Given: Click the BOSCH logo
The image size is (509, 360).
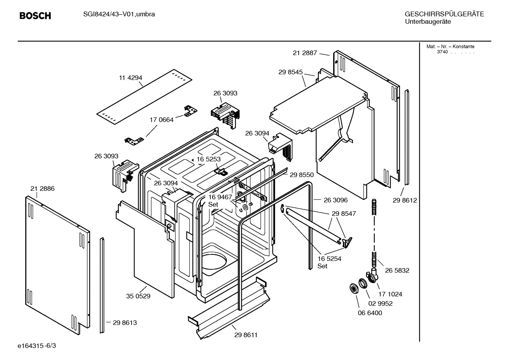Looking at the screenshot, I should pyautogui.click(x=35, y=16).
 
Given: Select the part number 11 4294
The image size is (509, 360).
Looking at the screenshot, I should pyautogui.click(x=130, y=78).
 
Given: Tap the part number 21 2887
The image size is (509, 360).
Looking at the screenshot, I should pyautogui.click(x=305, y=53).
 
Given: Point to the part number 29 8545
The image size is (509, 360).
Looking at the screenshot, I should pyautogui.click(x=290, y=72).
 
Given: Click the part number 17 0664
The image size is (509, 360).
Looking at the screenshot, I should pyautogui.click(x=162, y=120).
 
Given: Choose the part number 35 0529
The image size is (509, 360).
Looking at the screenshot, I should pyautogui.click(x=138, y=296).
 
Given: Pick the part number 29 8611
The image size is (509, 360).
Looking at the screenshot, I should pyautogui.click(x=246, y=335).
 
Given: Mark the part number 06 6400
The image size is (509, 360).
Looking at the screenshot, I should pyautogui.click(x=370, y=313).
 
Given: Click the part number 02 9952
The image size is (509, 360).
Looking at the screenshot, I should pyautogui.click(x=381, y=303).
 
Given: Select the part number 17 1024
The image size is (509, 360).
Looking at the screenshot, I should pyautogui.click(x=390, y=294).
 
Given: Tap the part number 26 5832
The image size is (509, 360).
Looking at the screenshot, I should pyautogui.click(x=397, y=270).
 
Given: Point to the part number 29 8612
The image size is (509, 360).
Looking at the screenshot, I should pyautogui.click(x=405, y=200).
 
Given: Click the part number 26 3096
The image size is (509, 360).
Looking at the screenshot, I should pyautogui.click(x=335, y=200).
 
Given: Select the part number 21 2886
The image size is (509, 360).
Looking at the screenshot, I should pyautogui.click(x=42, y=189).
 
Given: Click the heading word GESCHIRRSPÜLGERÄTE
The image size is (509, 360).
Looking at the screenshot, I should pyautogui.click(x=444, y=14).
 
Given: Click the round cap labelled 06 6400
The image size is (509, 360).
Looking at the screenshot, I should pyautogui.click(x=353, y=288).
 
